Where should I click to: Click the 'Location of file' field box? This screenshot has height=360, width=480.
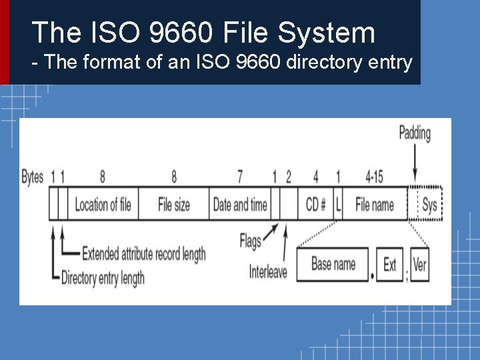click(x=103, y=204)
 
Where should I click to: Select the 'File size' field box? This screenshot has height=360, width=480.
click(x=173, y=204)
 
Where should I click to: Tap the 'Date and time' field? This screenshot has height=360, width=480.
click(x=240, y=204)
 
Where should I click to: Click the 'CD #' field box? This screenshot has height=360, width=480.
click(x=315, y=204)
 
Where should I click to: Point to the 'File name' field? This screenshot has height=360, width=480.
click(x=375, y=204)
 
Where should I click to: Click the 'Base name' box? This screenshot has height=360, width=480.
click(x=333, y=265)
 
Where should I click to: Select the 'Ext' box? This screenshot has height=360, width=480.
click(x=390, y=265)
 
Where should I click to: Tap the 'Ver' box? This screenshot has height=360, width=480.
click(x=419, y=265)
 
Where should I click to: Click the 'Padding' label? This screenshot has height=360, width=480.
click(x=415, y=133)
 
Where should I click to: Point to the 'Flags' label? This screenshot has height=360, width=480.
click(x=251, y=241)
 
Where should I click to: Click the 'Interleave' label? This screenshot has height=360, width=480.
click(x=268, y=271)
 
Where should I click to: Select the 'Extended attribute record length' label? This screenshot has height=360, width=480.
click(x=143, y=254)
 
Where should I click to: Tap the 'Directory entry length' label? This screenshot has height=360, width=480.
click(x=103, y=277)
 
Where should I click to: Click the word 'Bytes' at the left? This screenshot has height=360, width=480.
click(x=33, y=177)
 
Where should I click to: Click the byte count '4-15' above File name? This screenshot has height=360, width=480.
click(x=374, y=177)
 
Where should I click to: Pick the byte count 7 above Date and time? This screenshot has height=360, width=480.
click(x=240, y=177)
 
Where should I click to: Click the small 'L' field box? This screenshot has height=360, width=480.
click(x=338, y=204)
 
